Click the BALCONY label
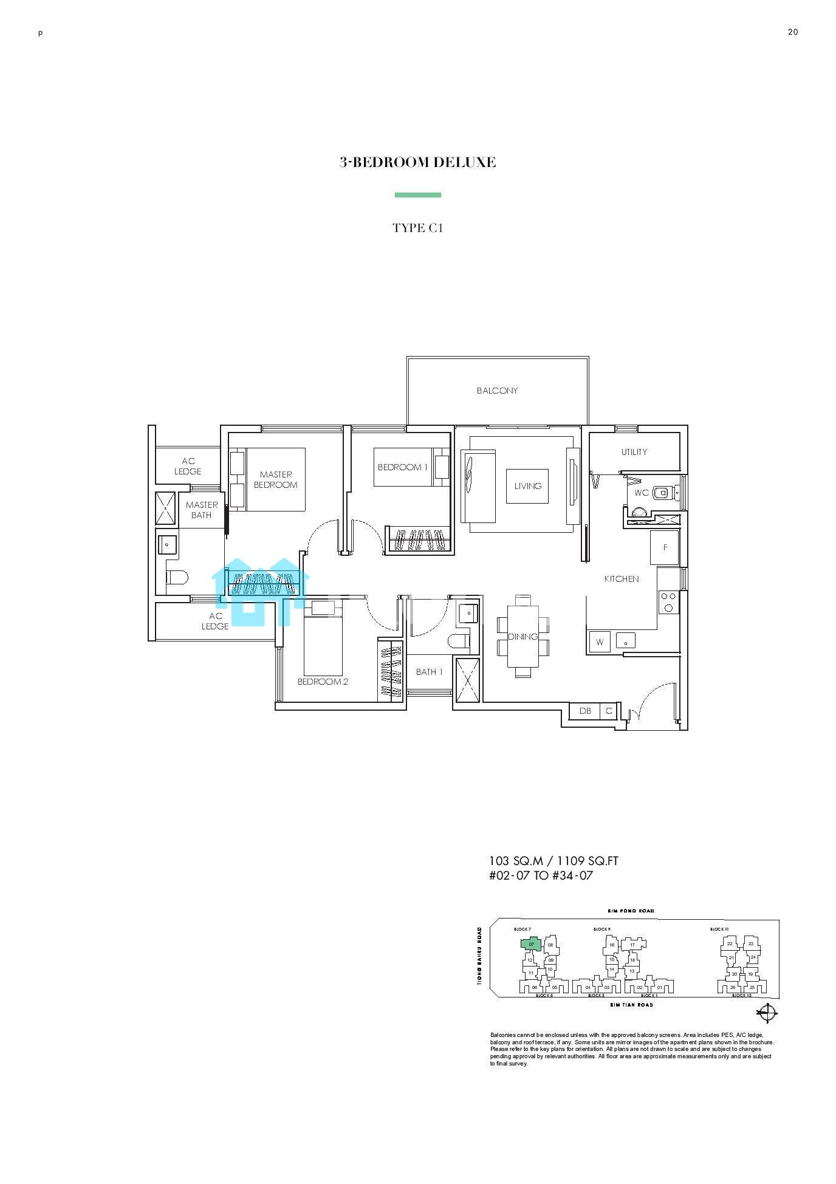pos(497,391)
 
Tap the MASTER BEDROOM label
pos(275,480)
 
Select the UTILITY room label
pos(634,452)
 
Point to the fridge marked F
pos(665,548)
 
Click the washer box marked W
pos(600,642)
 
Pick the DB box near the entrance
pos(584,711)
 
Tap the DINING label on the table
pos(522,637)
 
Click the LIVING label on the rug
pos(527,486)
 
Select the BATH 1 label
pos(429,672)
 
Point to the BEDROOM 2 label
pos(323,682)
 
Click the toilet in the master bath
pos(177,578)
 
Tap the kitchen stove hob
pos(668,602)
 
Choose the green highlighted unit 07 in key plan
pos(531,945)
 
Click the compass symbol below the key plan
pos(767,1013)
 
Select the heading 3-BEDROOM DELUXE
pos(417,162)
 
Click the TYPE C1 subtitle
pos(417,228)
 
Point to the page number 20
pos(792,32)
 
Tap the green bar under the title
pos(417,195)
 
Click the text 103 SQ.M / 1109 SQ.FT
pos(553,861)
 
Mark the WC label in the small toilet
pos(641,493)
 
